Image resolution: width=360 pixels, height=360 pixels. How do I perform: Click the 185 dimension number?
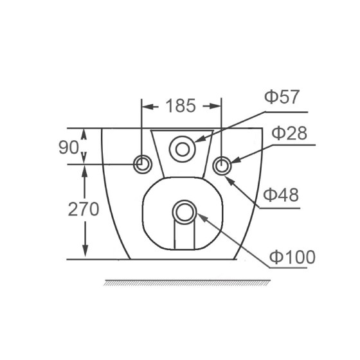click(181, 105)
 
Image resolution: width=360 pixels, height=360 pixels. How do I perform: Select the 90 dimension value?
click(69, 147)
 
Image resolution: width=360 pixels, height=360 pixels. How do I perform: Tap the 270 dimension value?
click(82, 209)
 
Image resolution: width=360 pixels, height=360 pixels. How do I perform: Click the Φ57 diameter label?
click(282, 98)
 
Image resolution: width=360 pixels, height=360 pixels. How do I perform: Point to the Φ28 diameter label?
click(289, 133)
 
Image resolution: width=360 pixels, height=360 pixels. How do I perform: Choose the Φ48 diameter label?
click(280, 195)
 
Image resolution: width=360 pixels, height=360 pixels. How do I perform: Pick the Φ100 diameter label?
click(292, 257)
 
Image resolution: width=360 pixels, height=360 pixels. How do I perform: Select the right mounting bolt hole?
click(221, 165)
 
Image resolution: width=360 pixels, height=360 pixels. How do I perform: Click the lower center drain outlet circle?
click(184, 212)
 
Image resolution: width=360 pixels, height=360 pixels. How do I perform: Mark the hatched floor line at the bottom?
click(186, 282)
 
